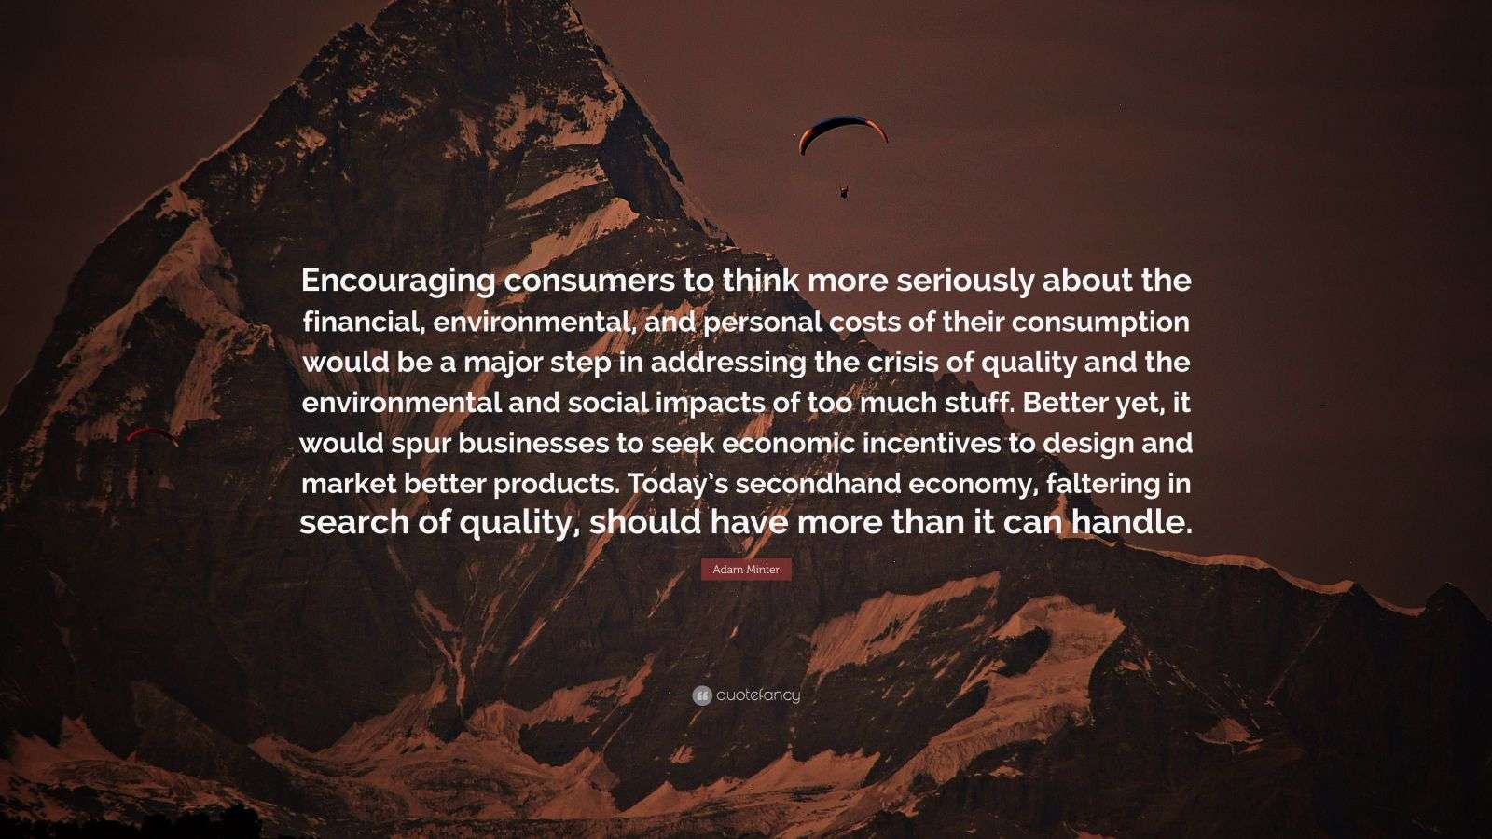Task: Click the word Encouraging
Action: click(398, 282)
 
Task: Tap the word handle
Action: click(1132, 522)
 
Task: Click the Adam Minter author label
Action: click(746, 570)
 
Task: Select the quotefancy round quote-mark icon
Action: click(702, 695)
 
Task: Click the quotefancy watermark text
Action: click(758, 695)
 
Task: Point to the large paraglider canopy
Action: click(843, 132)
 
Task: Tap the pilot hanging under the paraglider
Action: click(845, 192)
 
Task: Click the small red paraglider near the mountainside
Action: click(152, 434)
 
